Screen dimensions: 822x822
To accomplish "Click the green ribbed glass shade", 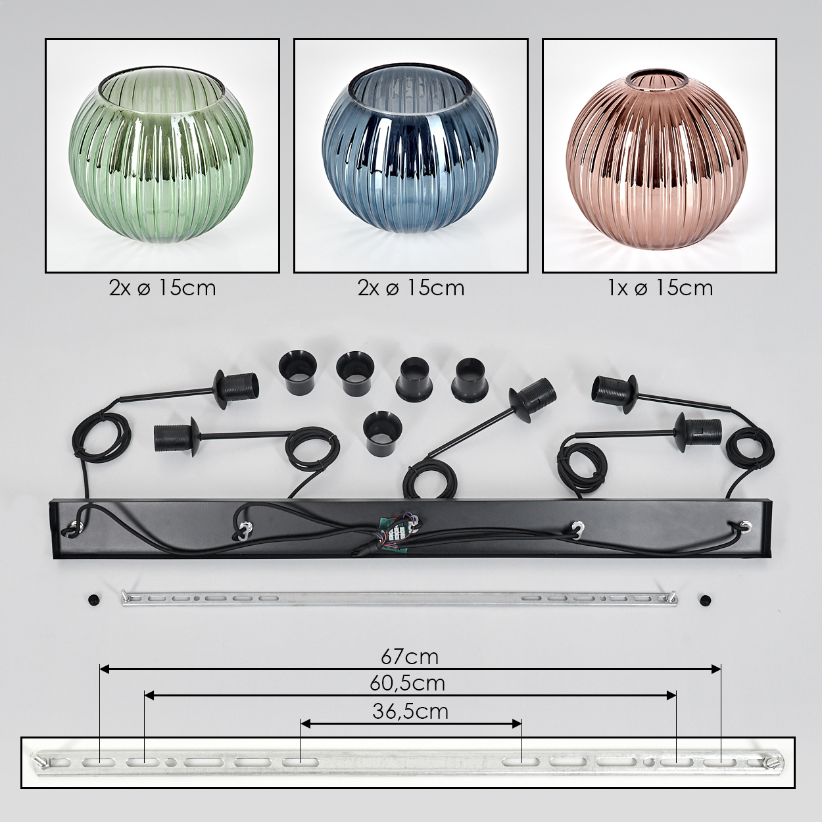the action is click(x=161, y=156).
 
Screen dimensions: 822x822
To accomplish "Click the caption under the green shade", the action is click(x=162, y=289).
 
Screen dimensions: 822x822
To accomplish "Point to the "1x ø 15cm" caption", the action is click(x=660, y=289).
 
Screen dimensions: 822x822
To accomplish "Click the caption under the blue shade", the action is click(x=411, y=289).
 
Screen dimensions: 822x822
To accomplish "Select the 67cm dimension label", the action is click(x=410, y=657).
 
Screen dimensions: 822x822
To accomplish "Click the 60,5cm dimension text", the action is click(x=407, y=683).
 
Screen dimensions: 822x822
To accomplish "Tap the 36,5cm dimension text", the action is click(x=410, y=712).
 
